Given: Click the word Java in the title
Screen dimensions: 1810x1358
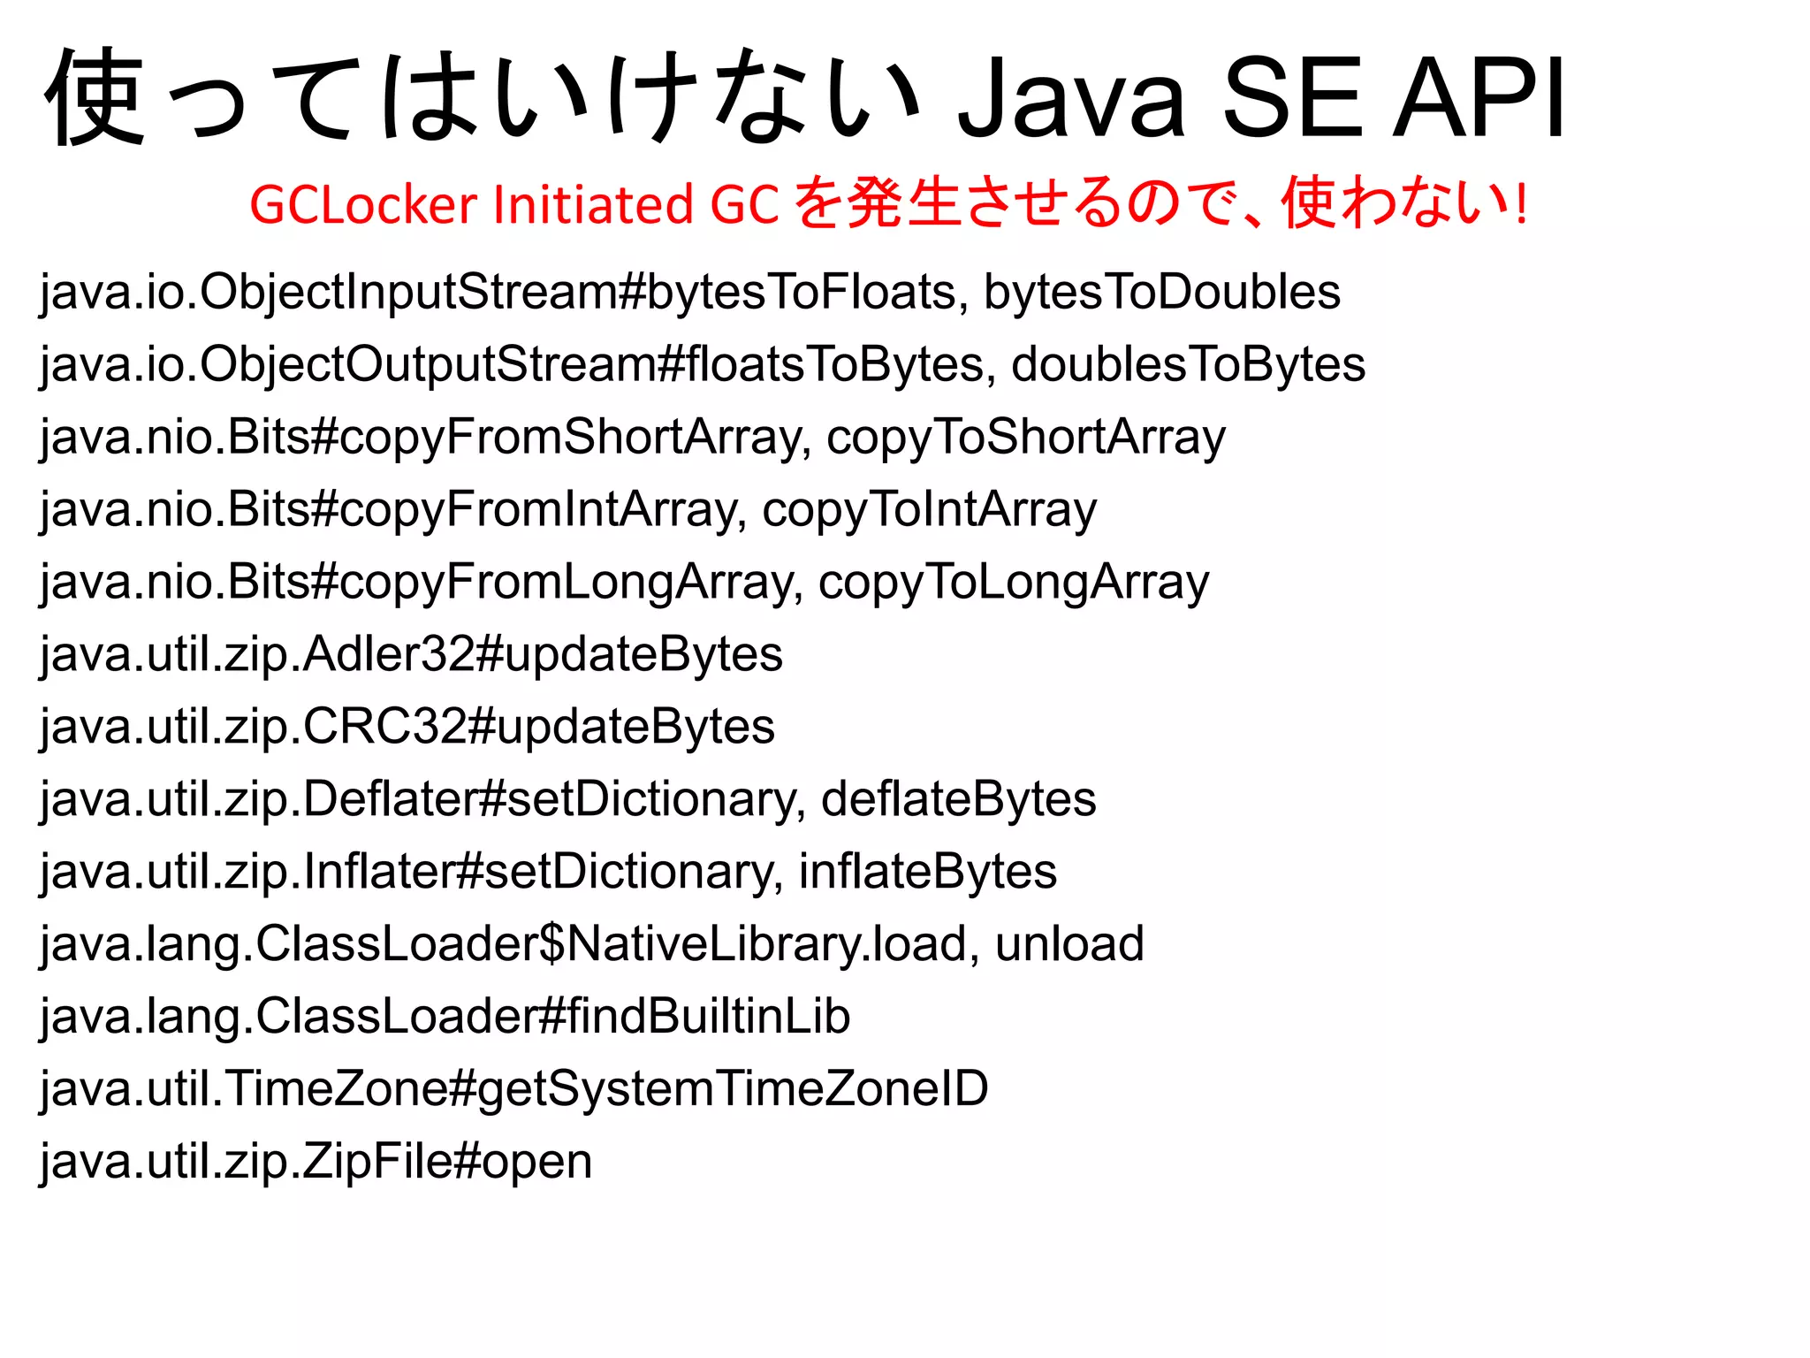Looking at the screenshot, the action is [x=1071, y=97].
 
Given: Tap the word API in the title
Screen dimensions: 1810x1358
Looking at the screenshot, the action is [x=1479, y=97].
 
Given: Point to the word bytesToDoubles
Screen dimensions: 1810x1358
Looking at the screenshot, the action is [x=1161, y=292].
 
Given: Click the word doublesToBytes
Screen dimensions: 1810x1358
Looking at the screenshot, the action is [x=1188, y=364].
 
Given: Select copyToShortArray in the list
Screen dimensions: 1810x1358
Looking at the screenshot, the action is [x=1025, y=437].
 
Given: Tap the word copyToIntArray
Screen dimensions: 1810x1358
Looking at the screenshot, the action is [x=929, y=509].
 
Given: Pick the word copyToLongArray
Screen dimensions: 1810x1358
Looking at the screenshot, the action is [x=1013, y=582].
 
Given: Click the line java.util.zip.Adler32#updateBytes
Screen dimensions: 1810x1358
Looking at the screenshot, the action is [x=412, y=654].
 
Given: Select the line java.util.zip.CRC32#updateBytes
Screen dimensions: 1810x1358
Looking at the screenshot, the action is [x=407, y=727].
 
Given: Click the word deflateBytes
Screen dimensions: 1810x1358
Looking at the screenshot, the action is [x=958, y=799].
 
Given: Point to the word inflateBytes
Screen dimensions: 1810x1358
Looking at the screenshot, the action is [x=927, y=872].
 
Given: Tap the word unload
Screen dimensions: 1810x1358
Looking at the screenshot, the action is [x=1069, y=944].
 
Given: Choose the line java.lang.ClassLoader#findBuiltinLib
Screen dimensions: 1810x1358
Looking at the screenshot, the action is [x=445, y=1017].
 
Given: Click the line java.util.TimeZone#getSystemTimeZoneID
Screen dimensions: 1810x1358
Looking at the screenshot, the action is [x=514, y=1089].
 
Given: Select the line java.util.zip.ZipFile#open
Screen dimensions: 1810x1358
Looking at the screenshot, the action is [x=316, y=1162].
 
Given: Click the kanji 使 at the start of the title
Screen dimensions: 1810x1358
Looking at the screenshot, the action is [x=95, y=97].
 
